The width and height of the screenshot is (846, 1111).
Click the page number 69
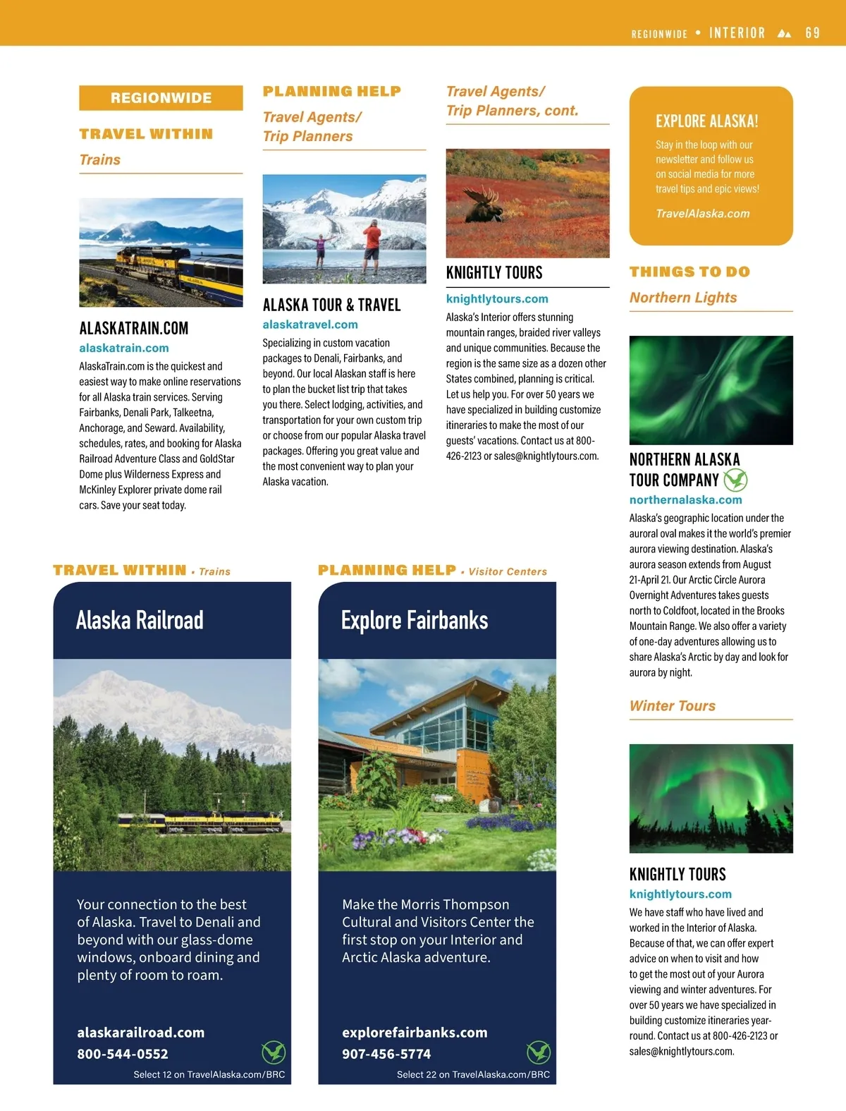coord(812,33)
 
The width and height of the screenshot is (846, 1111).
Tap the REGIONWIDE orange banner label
coord(161,98)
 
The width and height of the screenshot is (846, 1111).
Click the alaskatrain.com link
coord(124,348)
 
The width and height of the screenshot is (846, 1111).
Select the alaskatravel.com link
coord(310,324)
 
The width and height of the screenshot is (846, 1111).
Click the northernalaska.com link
coord(685,499)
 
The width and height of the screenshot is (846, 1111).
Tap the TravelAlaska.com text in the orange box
coord(702,214)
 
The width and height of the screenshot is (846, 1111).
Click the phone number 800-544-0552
coord(123,1054)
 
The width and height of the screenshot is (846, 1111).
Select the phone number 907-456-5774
coord(386,1054)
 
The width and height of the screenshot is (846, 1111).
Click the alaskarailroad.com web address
coord(140,1033)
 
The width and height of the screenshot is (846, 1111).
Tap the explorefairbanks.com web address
coord(415,1033)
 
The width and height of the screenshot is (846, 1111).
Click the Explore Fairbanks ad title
coord(415,621)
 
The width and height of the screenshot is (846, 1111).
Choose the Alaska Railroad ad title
coord(140,621)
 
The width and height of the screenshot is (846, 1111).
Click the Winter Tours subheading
coord(672,706)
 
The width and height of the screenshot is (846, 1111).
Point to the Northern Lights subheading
coord(682,298)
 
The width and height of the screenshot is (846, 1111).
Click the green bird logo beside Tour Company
coord(735,480)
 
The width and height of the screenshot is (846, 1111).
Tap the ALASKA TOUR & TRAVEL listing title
coord(331,305)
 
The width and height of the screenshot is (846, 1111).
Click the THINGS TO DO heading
coord(689,272)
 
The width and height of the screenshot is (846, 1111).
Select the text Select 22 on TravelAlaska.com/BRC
coord(473,1074)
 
